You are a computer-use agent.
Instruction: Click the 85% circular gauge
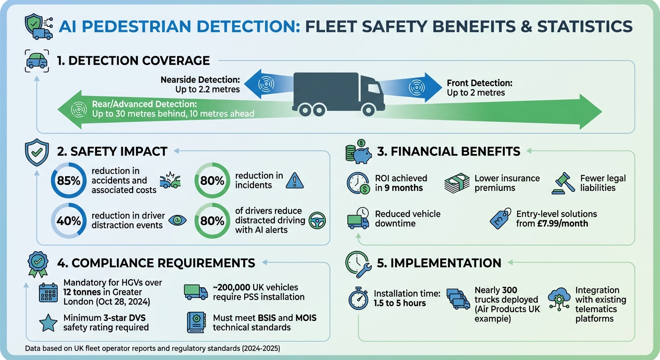pyautogui.click(x=69, y=180)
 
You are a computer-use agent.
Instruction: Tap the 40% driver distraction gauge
pyautogui.click(x=69, y=221)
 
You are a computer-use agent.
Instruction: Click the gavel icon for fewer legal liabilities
pyautogui.click(x=564, y=183)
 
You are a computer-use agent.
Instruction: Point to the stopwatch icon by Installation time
pyautogui.click(x=359, y=299)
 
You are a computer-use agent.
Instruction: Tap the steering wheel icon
pyautogui.click(x=317, y=220)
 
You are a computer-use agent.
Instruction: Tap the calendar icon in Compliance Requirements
pyautogui.click(x=48, y=292)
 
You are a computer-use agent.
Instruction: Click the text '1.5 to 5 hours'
pyautogui.click(x=400, y=303)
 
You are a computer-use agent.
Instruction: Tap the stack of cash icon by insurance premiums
pyautogui.click(x=457, y=183)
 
